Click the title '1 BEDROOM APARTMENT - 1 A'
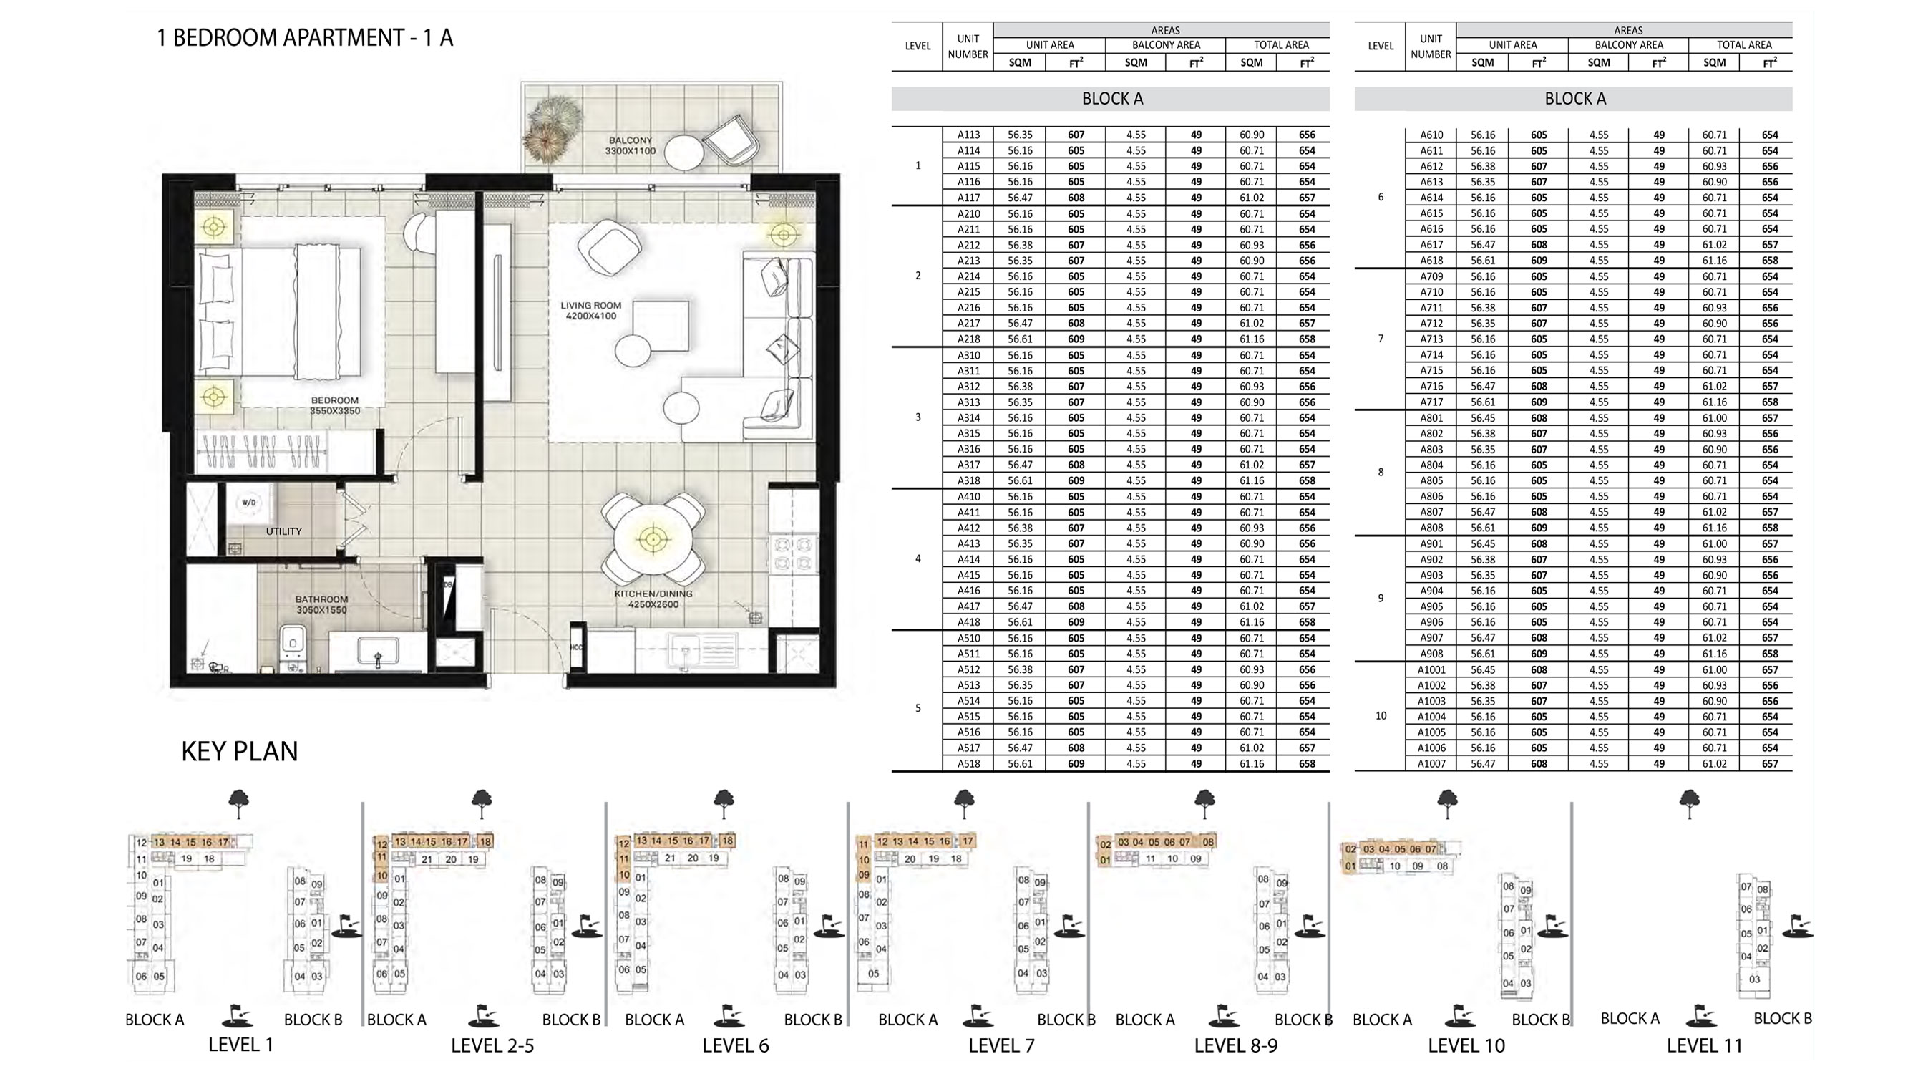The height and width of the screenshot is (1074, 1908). (304, 38)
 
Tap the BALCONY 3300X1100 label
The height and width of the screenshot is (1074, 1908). (630, 145)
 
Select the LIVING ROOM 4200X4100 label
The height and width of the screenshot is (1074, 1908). (590, 311)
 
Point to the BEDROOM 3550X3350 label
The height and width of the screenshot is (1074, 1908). (335, 405)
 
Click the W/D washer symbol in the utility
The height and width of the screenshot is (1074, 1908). (249, 503)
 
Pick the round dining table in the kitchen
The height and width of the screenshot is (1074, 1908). (653, 539)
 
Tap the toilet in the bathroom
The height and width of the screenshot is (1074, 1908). (293, 645)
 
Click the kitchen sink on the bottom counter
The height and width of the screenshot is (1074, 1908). (685, 650)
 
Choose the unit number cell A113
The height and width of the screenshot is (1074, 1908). (968, 135)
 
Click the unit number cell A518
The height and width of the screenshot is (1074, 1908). (968, 763)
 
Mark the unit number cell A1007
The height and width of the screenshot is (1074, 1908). (1431, 763)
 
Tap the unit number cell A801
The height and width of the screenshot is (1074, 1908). (1431, 418)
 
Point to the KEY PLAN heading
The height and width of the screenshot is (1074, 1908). (239, 752)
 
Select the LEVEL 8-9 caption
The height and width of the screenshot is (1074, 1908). (1235, 1046)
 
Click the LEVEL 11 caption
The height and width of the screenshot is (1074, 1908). (1703, 1046)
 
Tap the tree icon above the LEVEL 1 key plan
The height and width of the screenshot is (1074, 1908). (238, 803)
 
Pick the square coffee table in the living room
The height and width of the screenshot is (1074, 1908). (661, 325)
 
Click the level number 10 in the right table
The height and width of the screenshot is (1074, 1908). (1380, 716)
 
